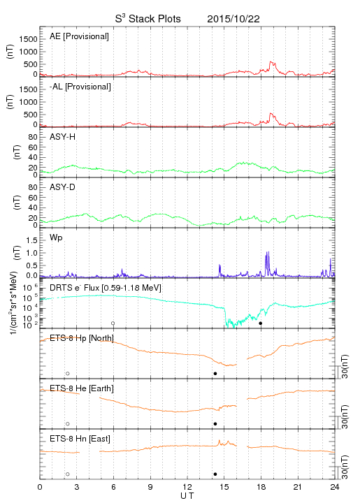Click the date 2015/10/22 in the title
click(x=233, y=19)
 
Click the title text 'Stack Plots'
click(x=154, y=19)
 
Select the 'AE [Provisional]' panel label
click(x=79, y=36)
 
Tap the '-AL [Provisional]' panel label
click(x=80, y=87)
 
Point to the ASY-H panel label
click(x=63, y=137)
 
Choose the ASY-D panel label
click(x=63, y=187)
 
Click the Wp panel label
click(x=56, y=238)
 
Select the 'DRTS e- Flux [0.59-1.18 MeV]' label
click(x=106, y=288)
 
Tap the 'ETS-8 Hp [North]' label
click(x=82, y=338)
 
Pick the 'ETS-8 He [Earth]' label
click(x=82, y=388)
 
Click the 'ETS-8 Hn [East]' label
click(x=80, y=439)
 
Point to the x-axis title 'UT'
click(x=187, y=496)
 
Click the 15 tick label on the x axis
click(x=224, y=487)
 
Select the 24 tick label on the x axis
click(x=335, y=487)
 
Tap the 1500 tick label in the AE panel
click(x=28, y=39)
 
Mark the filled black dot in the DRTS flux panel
click(x=261, y=323)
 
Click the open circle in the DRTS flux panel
click(x=113, y=323)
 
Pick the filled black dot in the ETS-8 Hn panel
click(x=215, y=474)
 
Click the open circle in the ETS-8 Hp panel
click(x=68, y=373)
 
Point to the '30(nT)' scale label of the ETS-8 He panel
click(x=345, y=417)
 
